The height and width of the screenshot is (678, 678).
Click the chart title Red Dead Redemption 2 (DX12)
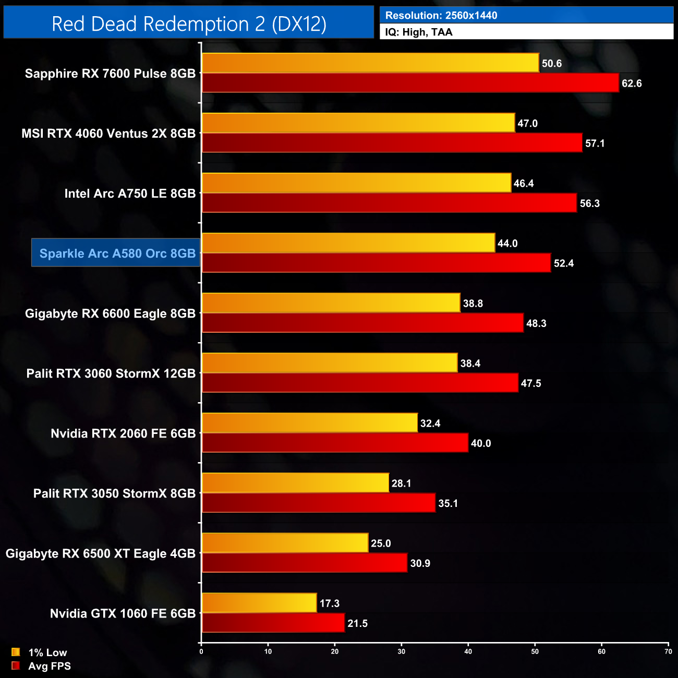189,24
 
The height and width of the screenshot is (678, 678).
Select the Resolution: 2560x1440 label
441,15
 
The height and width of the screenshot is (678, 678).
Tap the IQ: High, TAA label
419,32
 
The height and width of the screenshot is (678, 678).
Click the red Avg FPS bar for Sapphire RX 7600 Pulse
410,83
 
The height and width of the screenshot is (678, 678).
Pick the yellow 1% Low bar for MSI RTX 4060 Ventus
358,123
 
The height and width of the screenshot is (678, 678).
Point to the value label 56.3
589,203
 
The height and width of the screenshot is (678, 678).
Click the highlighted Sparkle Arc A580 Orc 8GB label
117,253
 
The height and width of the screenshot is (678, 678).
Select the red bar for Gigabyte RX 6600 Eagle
362,323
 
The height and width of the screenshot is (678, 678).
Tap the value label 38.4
470,364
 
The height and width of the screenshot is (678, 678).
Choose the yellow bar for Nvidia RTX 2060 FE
309,423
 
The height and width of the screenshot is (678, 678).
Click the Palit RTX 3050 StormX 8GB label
114,493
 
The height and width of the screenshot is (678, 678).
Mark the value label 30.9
420,563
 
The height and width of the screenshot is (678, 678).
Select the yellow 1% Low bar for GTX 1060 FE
259,603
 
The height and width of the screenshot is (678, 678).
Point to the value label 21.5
357,623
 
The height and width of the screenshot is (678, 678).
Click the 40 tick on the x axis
468,651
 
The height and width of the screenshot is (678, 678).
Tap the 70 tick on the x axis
668,651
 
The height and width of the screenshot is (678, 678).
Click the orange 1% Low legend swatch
16,652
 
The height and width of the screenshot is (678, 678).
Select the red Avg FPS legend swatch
16,666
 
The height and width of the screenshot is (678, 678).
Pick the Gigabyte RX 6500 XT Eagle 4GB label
100,553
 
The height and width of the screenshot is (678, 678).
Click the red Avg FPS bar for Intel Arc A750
389,203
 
